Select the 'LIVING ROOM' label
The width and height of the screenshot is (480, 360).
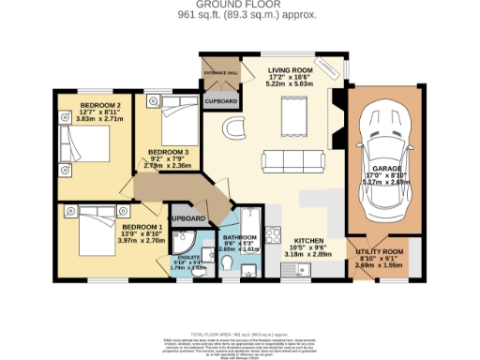point(290,70)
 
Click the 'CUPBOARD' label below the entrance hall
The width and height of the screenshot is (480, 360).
point(221,99)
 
